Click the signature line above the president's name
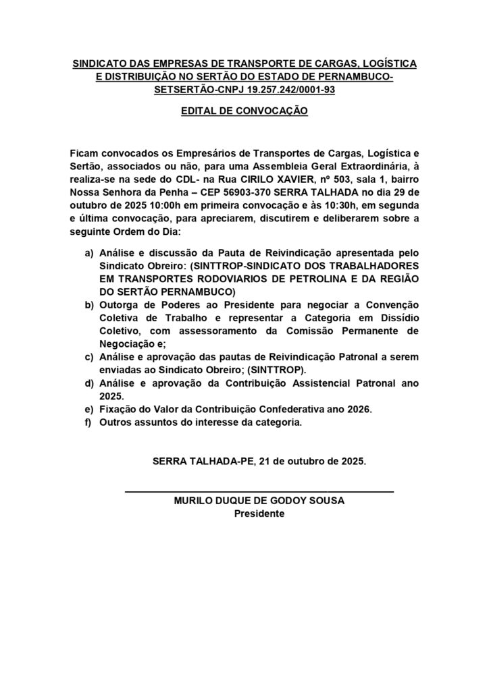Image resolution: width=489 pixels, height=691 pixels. (260, 491)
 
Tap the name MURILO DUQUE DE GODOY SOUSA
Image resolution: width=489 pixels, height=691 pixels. (260, 501)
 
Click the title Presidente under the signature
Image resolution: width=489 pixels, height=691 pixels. (260, 514)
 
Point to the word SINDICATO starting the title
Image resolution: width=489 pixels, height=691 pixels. (101, 63)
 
